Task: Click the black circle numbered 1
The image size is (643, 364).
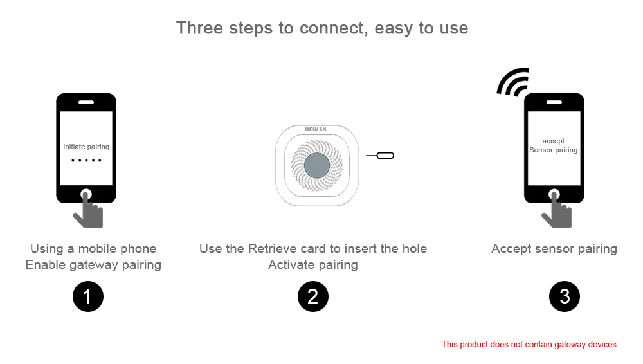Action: click(x=87, y=296)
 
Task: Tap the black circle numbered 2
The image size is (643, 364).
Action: click(x=313, y=296)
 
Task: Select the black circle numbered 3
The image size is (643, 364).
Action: click(x=565, y=296)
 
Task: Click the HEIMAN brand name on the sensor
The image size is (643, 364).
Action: click(x=316, y=129)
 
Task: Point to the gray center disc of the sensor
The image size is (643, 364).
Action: click(x=316, y=165)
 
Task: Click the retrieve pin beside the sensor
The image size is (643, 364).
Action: click(x=380, y=156)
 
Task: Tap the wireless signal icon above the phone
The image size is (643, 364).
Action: click(x=513, y=82)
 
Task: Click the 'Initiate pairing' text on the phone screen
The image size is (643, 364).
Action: click(x=86, y=147)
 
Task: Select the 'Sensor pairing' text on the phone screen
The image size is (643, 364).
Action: click(x=553, y=150)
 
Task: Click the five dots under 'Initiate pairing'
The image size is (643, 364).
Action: click(x=86, y=160)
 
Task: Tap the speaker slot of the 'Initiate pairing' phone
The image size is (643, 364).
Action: click(x=86, y=102)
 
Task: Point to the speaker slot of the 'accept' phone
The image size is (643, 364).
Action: click(x=554, y=102)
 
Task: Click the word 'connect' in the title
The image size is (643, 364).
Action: click(x=333, y=28)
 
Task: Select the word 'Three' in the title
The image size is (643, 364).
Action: click(x=200, y=28)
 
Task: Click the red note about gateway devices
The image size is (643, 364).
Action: click(x=529, y=344)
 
